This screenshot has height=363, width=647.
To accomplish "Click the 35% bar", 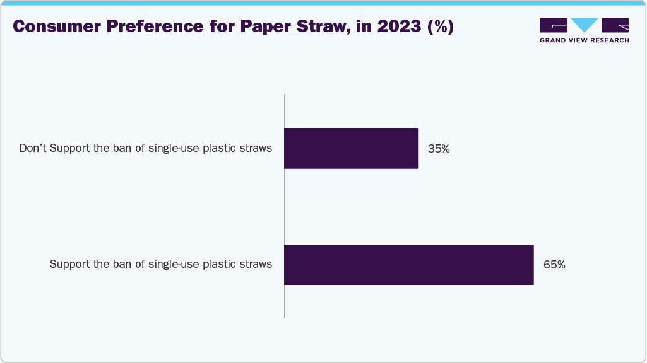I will point(351,148).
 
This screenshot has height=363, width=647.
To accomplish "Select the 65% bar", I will point(408,265).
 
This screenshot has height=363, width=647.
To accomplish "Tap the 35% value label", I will point(439,149).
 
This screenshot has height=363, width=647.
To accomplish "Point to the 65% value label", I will point(554,265).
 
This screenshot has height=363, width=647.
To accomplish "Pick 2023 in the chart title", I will point(400,27).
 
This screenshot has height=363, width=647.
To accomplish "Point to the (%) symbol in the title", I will point(441,27).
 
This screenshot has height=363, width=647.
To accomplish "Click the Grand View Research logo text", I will point(584,40).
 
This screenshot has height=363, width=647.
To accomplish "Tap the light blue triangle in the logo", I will point(585,25).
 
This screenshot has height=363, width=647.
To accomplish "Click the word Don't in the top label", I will point(33,149).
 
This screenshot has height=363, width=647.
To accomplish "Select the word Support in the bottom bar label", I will point(70,264).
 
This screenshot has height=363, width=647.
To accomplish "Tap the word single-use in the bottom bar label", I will point(172,264).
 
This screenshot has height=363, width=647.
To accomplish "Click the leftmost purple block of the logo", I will point(554,25).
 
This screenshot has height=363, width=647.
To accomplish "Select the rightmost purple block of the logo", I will point(615,25).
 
